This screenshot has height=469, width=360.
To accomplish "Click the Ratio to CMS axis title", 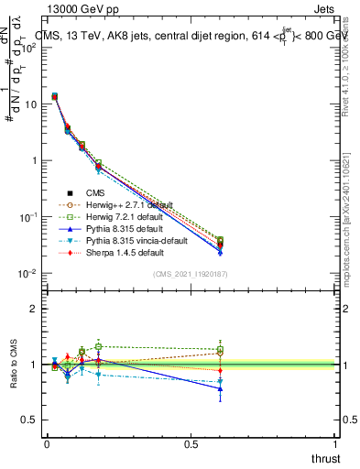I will click(14, 365).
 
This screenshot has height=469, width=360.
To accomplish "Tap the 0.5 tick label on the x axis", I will click(191, 445).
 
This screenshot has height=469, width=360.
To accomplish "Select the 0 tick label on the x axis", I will click(47, 445).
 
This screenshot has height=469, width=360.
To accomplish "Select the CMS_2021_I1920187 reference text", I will click(191, 274).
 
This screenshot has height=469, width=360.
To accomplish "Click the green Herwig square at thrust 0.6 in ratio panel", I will click(220, 349).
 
